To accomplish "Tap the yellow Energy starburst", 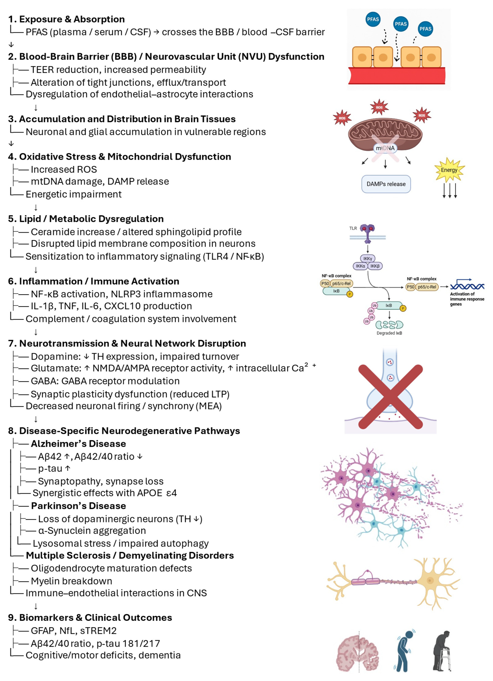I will click(449, 170).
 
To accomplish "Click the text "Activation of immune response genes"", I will click(467, 299).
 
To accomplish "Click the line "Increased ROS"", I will click(64, 170).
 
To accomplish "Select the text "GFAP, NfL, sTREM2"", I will click(74, 631).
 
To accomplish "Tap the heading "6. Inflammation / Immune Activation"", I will click(93, 281).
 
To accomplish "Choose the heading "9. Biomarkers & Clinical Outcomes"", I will click(90, 618).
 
